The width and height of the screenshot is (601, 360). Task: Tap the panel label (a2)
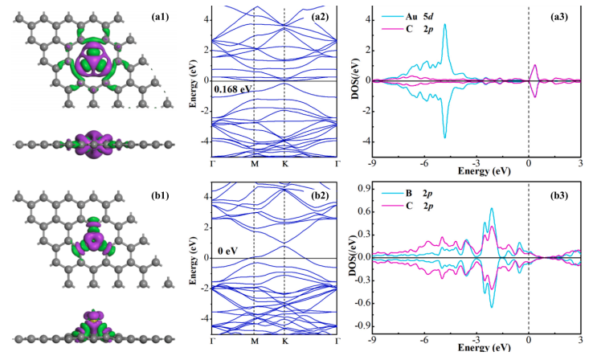click(x=320, y=15)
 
